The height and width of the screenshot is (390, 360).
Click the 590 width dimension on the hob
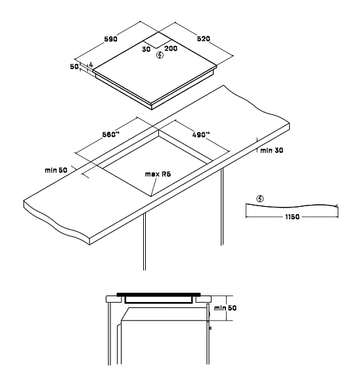pyautogui.click(x=111, y=39)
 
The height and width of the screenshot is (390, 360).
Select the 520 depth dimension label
pyautogui.click(x=204, y=39)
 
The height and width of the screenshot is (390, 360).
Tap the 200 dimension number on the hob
pyautogui.click(x=171, y=48)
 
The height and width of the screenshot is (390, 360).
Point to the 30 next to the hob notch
pyautogui.click(x=146, y=49)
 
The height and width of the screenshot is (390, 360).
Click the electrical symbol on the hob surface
pyautogui.click(x=160, y=55)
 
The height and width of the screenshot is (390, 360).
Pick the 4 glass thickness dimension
pyautogui.click(x=91, y=64)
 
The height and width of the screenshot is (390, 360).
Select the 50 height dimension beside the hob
pyautogui.click(x=74, y=67)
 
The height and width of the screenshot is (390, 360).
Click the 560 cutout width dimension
pyautogui.click(x=111, y=135)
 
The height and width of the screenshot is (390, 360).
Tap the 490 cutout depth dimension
pyautogui.click(x=201, y=135)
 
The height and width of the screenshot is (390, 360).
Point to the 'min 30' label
pyautogui.click(x=272, y=150)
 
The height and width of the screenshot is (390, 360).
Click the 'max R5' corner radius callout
pyautogui.click(x=158, y=174)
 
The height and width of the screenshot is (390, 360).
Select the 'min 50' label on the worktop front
pyautogui.click(x=56, y=170)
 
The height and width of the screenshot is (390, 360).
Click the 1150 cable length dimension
pyautogui.click(x=292, y=217)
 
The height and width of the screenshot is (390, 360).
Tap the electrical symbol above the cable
pyautogui.click(x=260, y=199)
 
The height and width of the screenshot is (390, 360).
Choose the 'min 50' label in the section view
pyautogui.click(x=225, y=308)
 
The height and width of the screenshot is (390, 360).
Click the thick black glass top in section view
pyautogui.click(x=158, y=295)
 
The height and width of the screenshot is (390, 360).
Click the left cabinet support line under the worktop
pyautogui.click(x=145, y=241)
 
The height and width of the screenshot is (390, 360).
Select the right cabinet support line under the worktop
pyautogui.click(x=222, y=206)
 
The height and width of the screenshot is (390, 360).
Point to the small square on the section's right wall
pyautogui.click(x=210, y=328)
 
